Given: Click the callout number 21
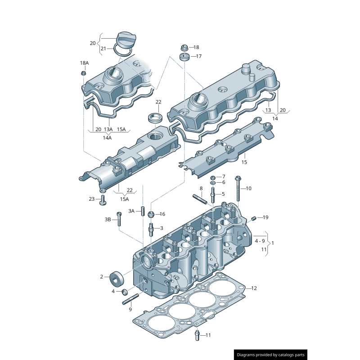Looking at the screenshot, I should click(103, 49).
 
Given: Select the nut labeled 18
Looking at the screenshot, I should click(184, 47).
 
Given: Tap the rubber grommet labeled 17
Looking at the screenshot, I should click(184, 57).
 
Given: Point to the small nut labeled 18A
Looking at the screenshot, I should click(84, 73).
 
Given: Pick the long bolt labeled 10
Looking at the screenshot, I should click(238, 189).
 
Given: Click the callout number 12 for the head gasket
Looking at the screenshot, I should click(254, 288).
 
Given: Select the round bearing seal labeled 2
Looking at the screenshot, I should click(117, 278).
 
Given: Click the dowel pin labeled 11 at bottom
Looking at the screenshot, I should click(197, 336).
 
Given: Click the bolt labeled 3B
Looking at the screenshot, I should click(119, 219).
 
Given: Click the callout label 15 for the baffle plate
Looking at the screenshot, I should click(244, 162).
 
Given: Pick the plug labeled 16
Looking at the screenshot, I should click(152, 213).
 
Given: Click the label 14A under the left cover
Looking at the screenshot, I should click(107, 138).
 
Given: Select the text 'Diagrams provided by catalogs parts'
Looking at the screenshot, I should click(270, 355).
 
